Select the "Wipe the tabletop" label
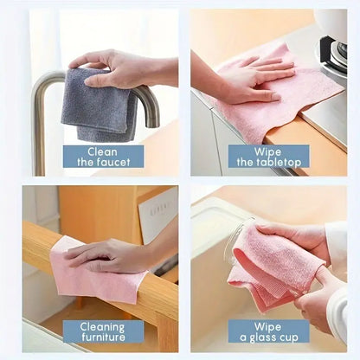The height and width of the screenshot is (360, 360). pos(268,156)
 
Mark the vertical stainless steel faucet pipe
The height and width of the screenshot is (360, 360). pos(39,130)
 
